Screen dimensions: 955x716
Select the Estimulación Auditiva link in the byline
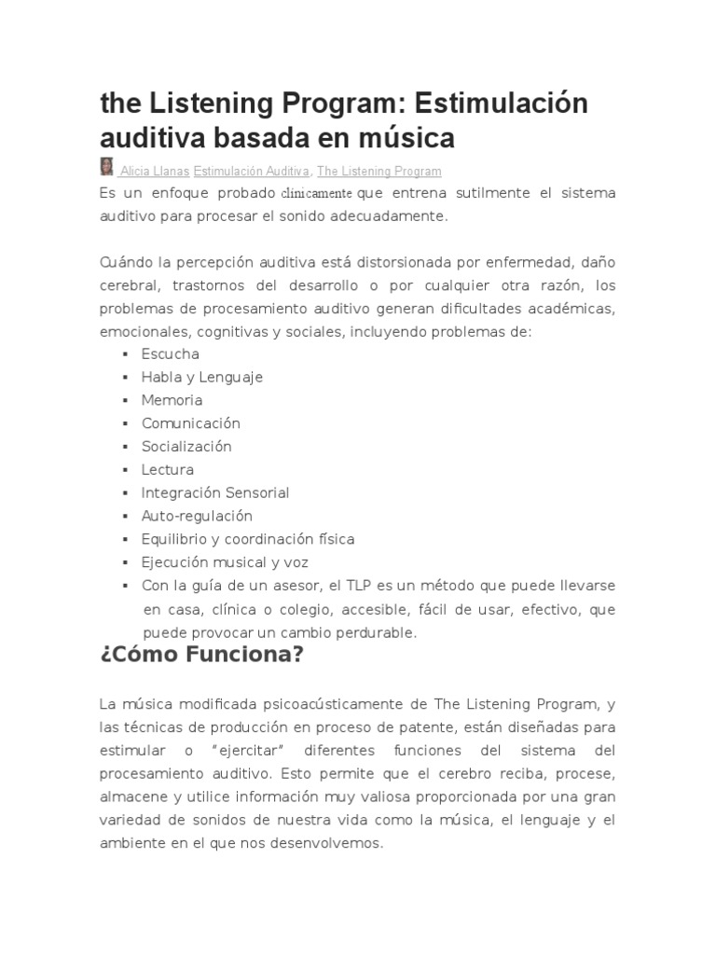click(x=252, y=172)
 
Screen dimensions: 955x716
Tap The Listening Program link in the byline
click(x=379, y=172)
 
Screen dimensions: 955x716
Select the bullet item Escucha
click(x=170, y=354)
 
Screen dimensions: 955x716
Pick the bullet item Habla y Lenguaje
click(x=202, y=377)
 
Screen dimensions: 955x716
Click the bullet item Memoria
click(x=172, y=400)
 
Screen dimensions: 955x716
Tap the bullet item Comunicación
click(x=190, y=423)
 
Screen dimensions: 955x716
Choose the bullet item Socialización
click(x=186, y=447)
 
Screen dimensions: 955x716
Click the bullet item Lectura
click(x=168, y=470)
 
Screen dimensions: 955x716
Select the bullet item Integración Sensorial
click(x=215, y=492)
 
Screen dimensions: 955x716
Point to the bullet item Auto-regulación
click(x=197, y=516)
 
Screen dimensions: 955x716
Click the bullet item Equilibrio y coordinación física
click(x=247, y=539)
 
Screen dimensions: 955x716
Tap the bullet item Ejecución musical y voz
click(x=225, y=562)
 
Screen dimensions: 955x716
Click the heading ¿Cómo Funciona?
click(x=202, y=655)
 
